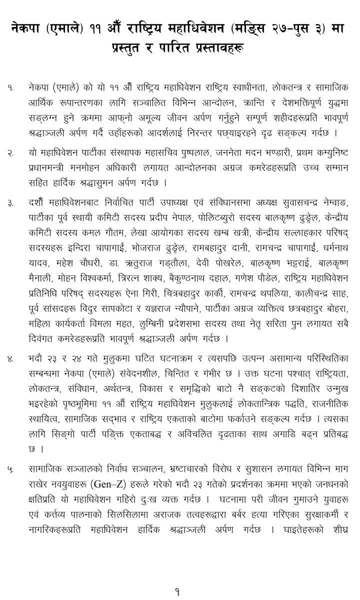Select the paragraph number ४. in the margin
10,358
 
